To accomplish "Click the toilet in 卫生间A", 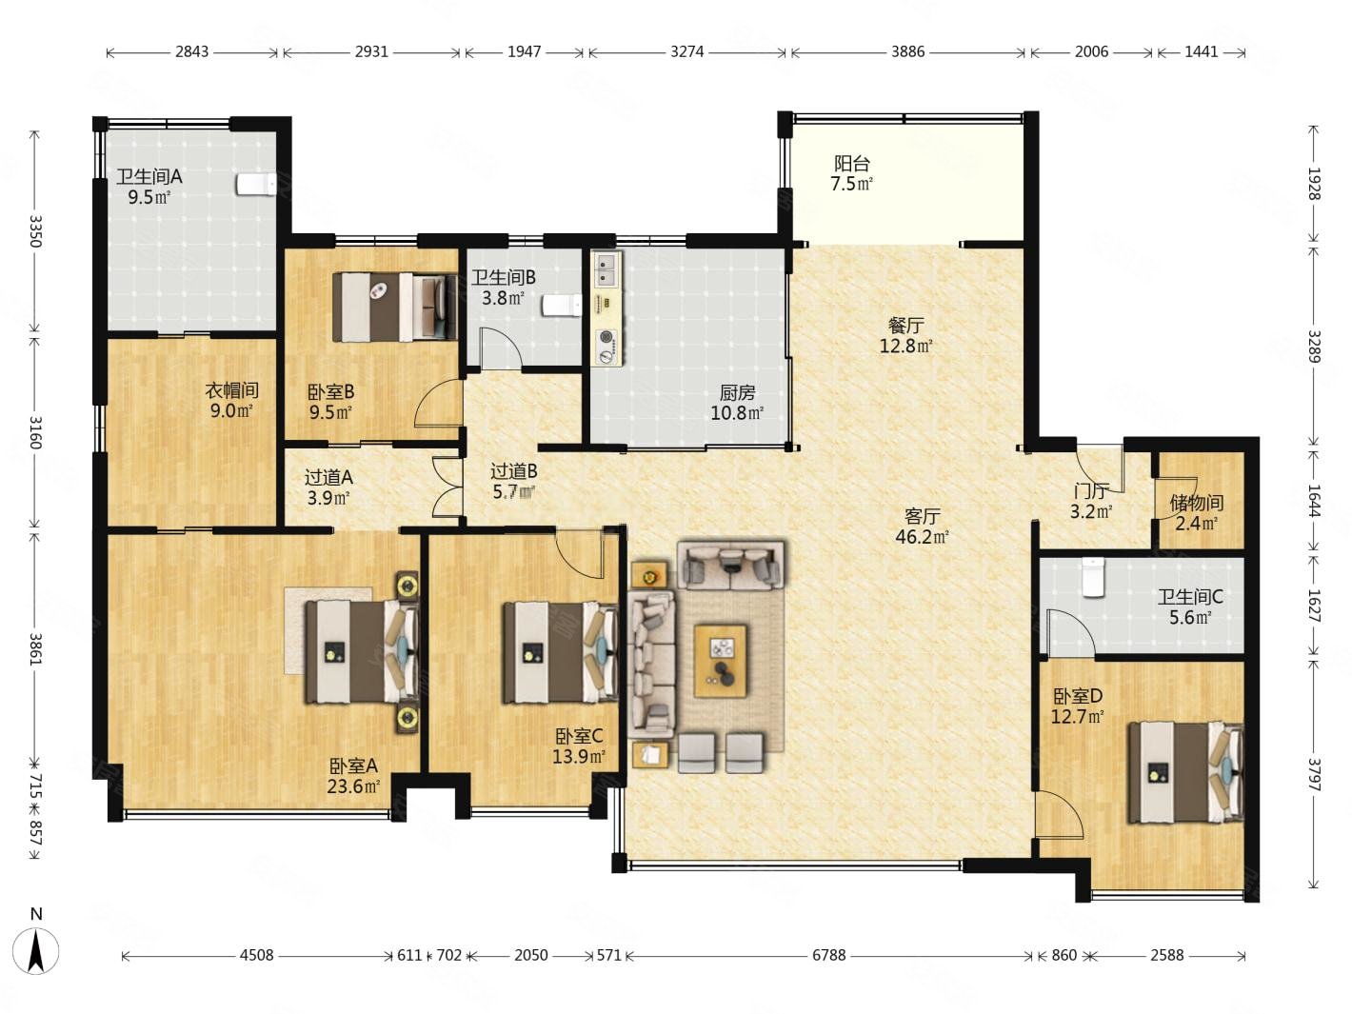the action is [x=255, y=185].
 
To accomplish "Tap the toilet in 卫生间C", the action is [x=1093, y=577].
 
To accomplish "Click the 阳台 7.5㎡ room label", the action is [x=852, y=173].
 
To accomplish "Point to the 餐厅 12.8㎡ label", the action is [x=906, y=335].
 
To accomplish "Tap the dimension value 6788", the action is [x=828, y=955].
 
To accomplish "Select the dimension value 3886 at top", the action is [x=908, y=51].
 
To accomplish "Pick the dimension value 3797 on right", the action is [x=1315, y=774].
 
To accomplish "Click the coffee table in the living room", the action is [x=721, y=661].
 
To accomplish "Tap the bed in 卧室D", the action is [x=1185, y=773].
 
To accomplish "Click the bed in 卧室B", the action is [x=395, y=308].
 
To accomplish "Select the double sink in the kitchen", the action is [x=606, y=271].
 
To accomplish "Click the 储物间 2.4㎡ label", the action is [x=1197, y=512].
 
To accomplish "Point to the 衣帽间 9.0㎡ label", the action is [x=231, y=400].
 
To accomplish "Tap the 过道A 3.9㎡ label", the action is [x=328, y=487].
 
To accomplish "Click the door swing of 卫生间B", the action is [x=502, y=348].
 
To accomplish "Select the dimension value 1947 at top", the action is [x=525, y=51].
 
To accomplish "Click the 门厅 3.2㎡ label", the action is [x=1091, y=501].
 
